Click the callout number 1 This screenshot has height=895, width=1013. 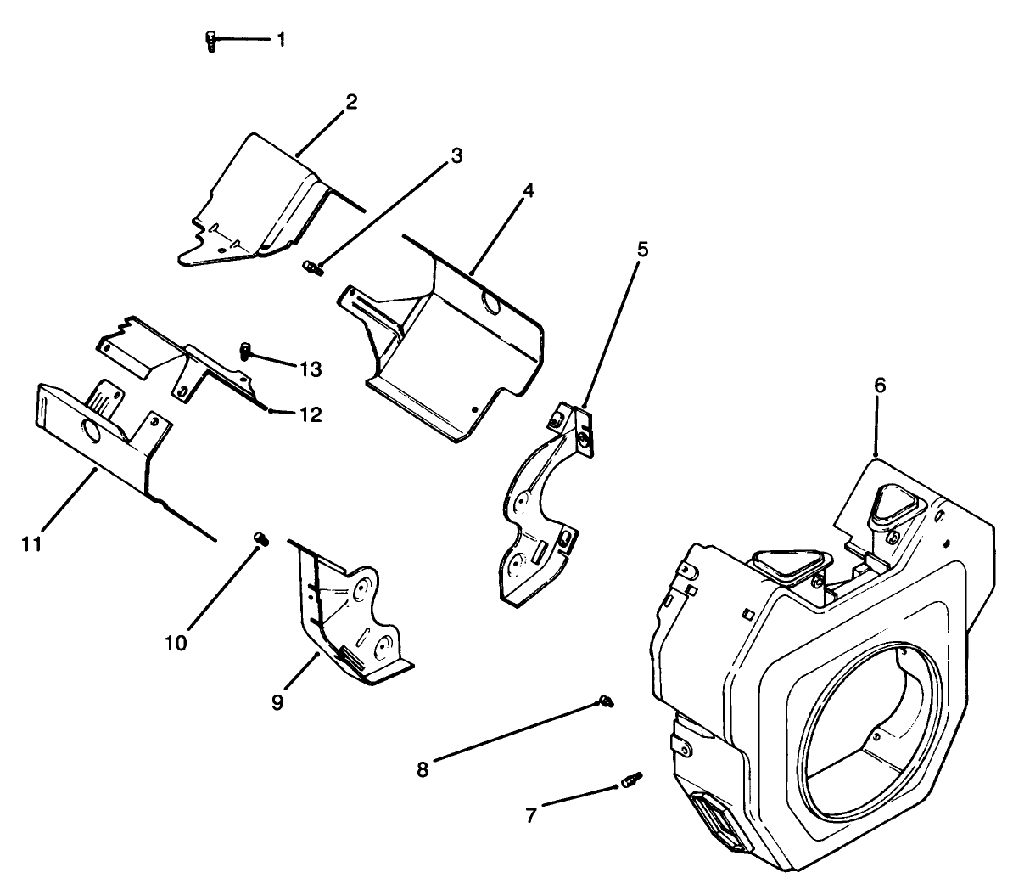point(280,39)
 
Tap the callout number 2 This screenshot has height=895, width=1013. point(350,103)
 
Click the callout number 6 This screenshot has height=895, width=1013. point(880,385)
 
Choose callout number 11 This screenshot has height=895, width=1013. point(31,543)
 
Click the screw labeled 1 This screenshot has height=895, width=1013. point(211,40)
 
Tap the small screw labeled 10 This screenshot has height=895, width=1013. point(261,538)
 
